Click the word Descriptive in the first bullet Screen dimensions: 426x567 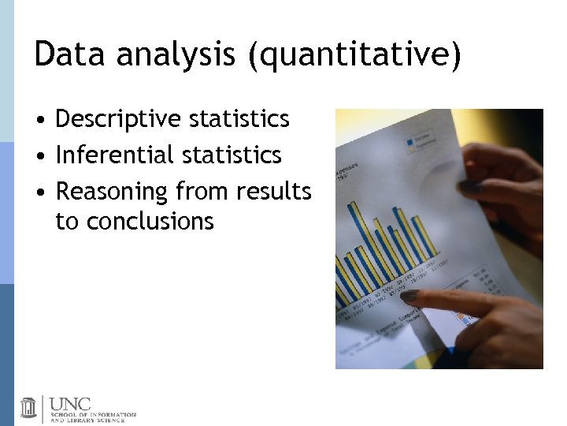pos(117,119)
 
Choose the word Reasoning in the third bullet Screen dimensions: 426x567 pos(112,192)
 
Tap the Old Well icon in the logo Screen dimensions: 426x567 pos(28,407)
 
